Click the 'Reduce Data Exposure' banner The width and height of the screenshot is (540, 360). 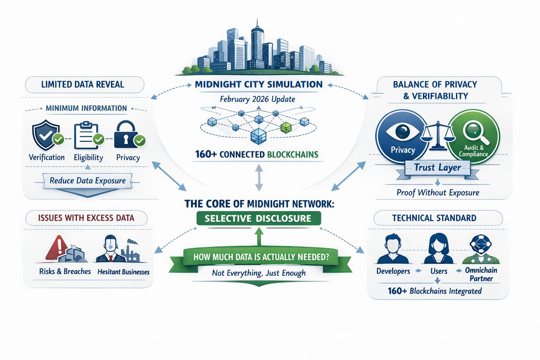[88, 181]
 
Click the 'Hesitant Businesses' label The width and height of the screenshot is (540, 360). [123, 272]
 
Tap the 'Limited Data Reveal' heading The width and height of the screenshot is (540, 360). [83, 85]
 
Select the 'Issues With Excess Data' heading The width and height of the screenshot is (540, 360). [86, 218]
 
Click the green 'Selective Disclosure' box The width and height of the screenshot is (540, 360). [258, 218]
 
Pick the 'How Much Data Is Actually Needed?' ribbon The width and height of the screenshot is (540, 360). [261, 257]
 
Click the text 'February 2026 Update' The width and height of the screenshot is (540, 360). [257, 99]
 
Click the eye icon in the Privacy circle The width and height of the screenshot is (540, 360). [403, 131]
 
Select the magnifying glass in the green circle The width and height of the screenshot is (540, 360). [473, 131]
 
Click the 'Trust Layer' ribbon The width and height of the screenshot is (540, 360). [437, 168]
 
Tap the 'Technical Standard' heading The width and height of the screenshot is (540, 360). [434, 218]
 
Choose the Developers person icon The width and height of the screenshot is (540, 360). [393, 249]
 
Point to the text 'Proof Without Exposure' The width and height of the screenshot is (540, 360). [438, 193]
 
